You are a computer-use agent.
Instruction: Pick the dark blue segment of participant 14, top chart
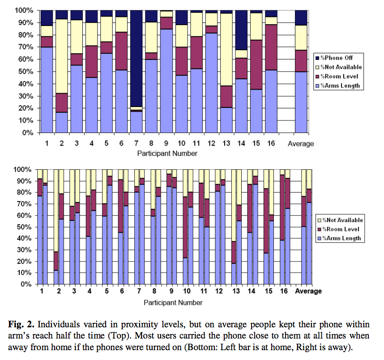(242, 30)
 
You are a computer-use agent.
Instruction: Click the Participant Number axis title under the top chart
(166, 154)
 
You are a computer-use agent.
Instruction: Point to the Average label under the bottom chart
(308, 291)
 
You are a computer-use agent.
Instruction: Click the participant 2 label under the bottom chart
(59, 291)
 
